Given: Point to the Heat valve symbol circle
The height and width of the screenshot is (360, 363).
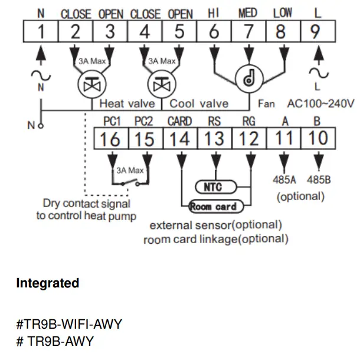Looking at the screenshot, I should pos(91,85).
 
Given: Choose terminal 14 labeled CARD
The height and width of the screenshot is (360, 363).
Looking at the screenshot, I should pos(179,139).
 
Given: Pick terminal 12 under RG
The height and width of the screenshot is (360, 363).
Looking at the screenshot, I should pos(250,139).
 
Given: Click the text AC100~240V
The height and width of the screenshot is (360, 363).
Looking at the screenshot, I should pos(321,104).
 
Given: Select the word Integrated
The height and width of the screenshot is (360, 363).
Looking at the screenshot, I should pos(47,283).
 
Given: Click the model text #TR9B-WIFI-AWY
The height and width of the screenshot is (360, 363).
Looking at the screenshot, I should pos(69,324).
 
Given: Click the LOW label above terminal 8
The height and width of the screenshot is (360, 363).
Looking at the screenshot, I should pos(283,13).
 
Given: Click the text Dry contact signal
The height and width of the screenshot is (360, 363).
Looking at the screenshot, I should pos(86,204).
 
